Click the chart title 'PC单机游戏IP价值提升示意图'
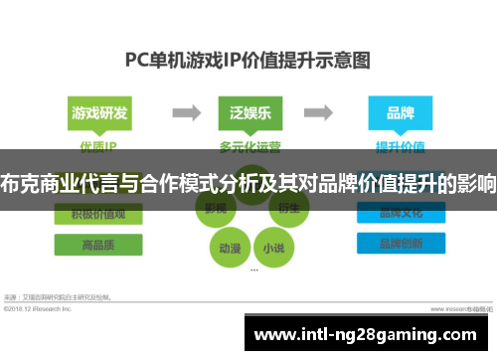pyautogui.click(x=248, y=60)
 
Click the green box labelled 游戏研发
pyautogui.click(x=99, y=112)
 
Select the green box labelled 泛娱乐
pyautogui.click(x=248, y=112)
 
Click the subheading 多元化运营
pyautogui.click(x=248, y=147)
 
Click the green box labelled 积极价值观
pyautogui.click(x=99, y=214)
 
